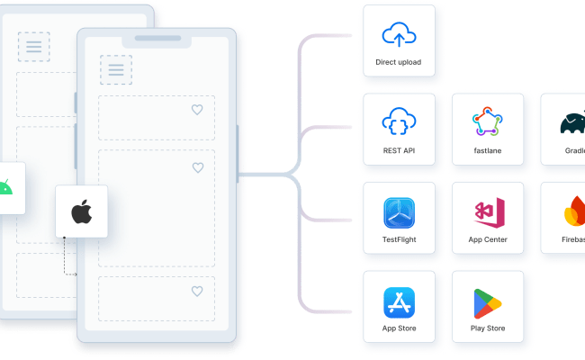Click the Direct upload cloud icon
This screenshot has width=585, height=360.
coord(399,35)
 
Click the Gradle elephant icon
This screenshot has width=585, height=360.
coord(574,123)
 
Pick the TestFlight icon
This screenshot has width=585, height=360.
coord(399,212)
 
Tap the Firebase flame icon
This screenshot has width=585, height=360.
coord(575,212)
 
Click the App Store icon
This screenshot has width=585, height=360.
coord(399,301)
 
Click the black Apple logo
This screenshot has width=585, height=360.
coord(81,212)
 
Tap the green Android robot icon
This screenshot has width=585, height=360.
coord(5,188)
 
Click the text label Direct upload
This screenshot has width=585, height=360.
coord(399,62)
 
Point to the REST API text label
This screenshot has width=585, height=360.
coord(399,150)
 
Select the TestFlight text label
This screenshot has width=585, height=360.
coord(399,239)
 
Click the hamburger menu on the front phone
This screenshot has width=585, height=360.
coord(116,69)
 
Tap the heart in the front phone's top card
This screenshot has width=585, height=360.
coord(197,110)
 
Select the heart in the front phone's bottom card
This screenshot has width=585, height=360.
coord(197,291)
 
